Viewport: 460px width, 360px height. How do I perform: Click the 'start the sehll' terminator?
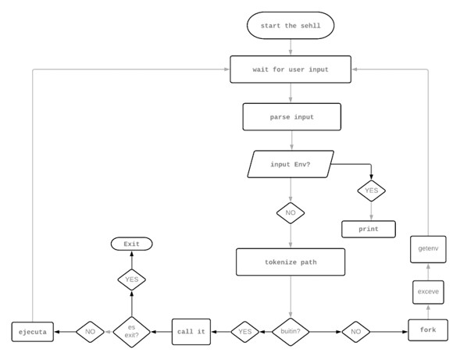pos(291,26)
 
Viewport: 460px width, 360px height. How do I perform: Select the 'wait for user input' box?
pos(291,70)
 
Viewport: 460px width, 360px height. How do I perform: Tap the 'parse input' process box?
pos(291,117)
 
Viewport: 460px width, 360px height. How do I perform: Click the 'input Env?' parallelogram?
pos(291,165)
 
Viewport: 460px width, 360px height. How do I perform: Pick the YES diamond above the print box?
pos(371,190)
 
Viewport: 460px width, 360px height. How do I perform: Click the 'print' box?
pos(369,229)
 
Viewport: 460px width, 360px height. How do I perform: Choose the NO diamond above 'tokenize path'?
pos(291,212)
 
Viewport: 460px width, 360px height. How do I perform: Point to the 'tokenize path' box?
pos(291,262)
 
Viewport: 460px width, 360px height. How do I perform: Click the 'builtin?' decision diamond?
pos(291,331)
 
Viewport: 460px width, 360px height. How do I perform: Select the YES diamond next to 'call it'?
pos(244,331)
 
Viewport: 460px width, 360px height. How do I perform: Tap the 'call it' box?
pos(191,331)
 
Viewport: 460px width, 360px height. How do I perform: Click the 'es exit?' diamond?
pos(131,331)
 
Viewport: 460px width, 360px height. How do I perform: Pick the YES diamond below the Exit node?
pos(131,279)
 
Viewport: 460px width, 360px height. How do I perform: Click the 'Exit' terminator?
pos(131,244)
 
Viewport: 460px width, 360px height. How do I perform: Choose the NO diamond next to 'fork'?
pos(356,331)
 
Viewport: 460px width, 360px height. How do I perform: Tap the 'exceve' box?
pos(428,291)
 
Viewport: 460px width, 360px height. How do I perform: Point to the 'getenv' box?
pos(428,248)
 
